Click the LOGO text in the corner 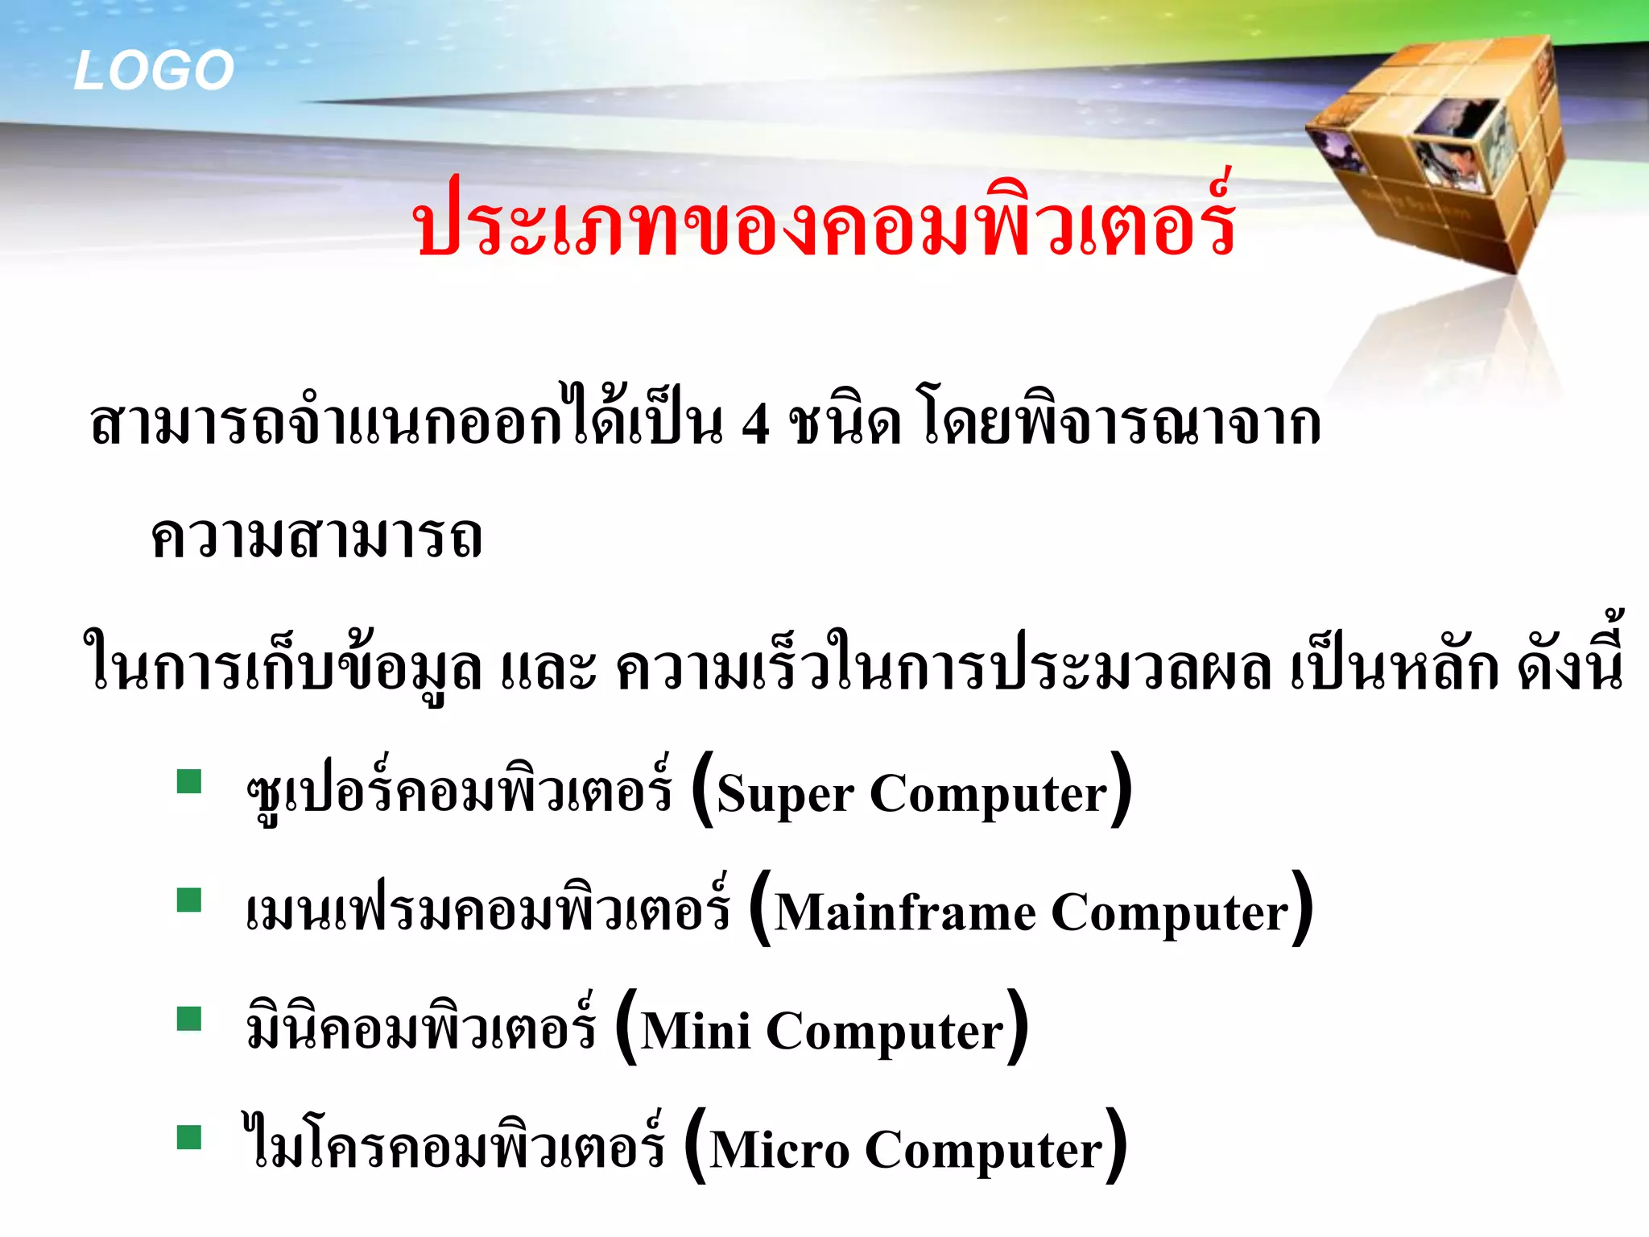pos(153,70)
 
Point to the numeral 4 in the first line pos(755,424)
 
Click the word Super pos(784,795)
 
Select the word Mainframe pos(905,913)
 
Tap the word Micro pos(779,1150)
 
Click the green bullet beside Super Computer pos(189,782)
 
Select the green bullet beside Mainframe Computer pos(189,900)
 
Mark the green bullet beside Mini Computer pos(189,1019)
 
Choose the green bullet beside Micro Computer pos(189,1137)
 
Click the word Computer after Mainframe pos(1170,913)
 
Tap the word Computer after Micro pos(983,1150)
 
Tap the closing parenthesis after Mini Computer pos(1018,1027)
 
